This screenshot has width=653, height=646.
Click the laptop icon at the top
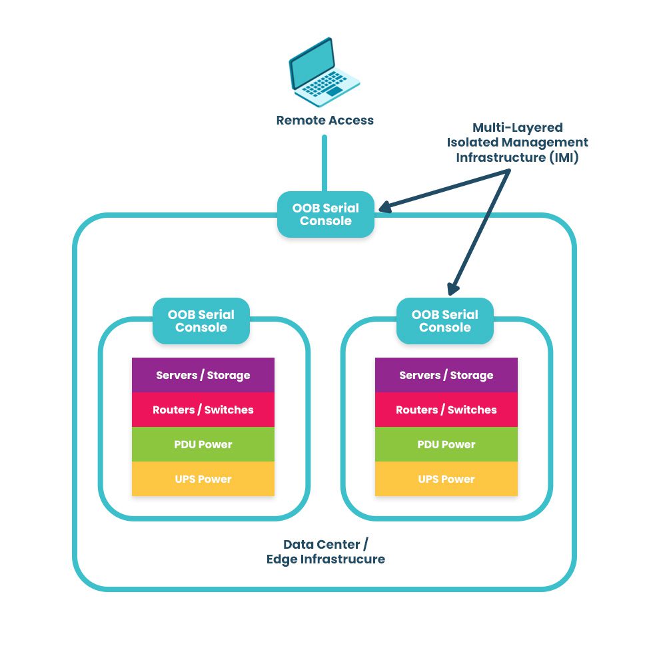323,73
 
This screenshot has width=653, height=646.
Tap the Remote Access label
325,121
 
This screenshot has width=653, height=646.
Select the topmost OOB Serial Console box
326,214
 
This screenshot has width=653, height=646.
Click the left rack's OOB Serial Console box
201,321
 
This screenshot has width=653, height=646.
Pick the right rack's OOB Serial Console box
445,321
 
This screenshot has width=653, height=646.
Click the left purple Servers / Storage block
203,375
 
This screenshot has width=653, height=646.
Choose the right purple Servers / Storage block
446,375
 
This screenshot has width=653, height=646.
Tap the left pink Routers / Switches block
203,410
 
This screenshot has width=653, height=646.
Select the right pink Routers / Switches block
446,410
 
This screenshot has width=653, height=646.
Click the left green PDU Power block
203,444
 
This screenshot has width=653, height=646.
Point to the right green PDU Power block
446,444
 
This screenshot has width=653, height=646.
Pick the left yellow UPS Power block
203,479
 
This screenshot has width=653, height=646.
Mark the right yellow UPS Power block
446,479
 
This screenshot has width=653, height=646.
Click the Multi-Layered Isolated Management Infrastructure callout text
518,143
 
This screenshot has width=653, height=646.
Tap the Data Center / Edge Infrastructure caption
326,551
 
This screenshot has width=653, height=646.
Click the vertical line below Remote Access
325,163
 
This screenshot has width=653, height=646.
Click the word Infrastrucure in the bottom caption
344,559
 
